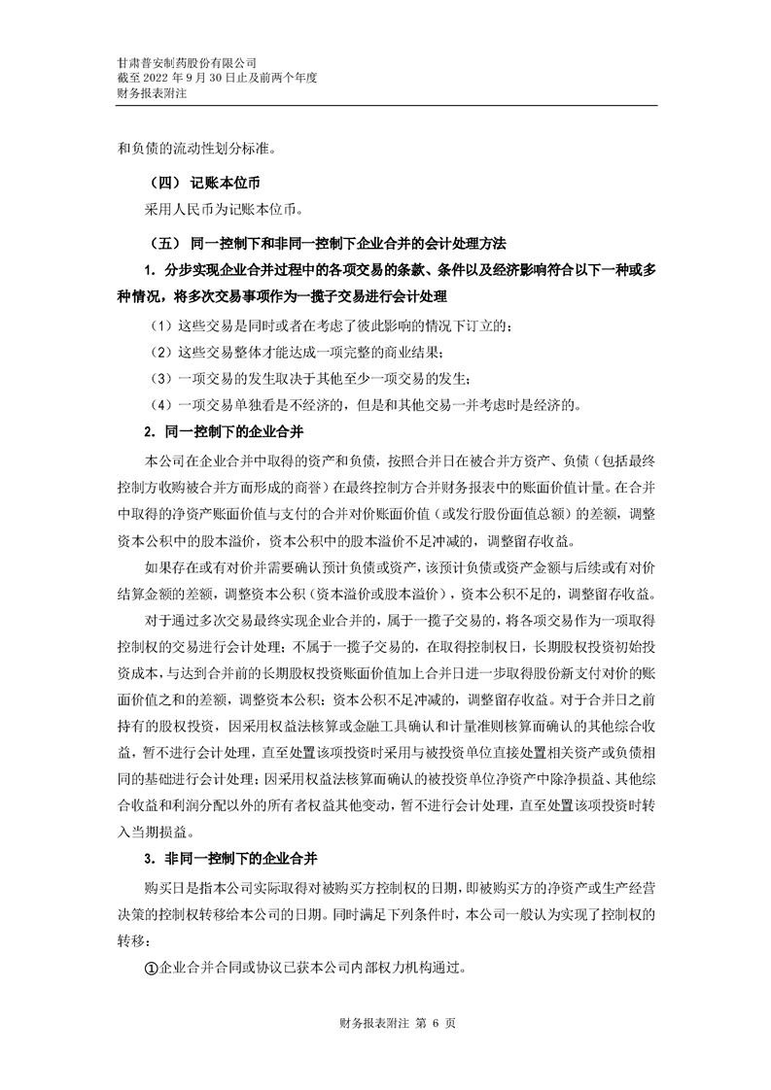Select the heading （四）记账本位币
pos(203,182)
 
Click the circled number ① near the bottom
pos(151,968)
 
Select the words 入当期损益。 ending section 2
pos(156,833)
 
